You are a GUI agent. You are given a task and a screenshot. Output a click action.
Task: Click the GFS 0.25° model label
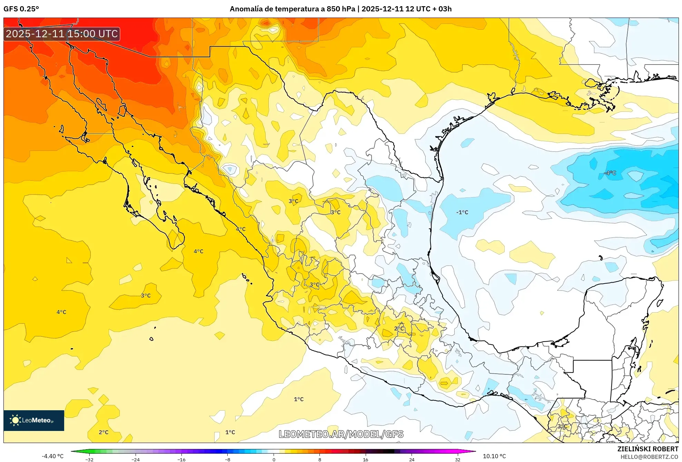pyautogui.click(x=21, y=9)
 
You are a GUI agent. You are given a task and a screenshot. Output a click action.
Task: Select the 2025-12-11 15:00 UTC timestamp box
pyautogui.click(x=62, y=34)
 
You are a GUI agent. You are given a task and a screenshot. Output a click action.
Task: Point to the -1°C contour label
pyautogui.click(x=462, y=212)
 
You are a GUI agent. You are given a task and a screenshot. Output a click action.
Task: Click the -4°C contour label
pyautogui.click(x=610, y=173)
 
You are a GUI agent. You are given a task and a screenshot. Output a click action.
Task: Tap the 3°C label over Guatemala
pyautogui.click(x=562, y=426)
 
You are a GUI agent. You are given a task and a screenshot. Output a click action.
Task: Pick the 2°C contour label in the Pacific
pyautogui.click(x=103, y=432)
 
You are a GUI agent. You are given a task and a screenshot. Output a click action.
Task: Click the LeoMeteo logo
pyautogui.click(x=34, y=420)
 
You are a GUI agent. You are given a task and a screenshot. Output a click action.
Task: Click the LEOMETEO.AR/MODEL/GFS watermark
pyautogui.click(x=341, y=434)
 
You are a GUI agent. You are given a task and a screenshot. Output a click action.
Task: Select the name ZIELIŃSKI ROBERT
pyautogui.click(x=648, y=449)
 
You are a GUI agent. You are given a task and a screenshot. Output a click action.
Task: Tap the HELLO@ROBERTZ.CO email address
pyautogui.click(x=649, y=457)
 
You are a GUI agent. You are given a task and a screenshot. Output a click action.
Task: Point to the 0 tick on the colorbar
pyautogui.click(x=274, y=459)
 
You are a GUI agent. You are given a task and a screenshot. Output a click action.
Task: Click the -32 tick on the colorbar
pyautogui.click(x=89, y=459)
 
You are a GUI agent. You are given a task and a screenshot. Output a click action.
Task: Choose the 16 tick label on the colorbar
pyautogui.click(x=365, y=459)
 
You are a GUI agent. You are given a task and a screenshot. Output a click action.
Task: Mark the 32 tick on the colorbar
pyautogui.click(x=457, y=459)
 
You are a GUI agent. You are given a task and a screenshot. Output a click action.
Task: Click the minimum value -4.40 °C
pyautogui.click(x=53, y=456)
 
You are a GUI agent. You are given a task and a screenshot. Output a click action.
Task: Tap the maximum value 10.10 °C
pyautogui.click(x=494, y=456)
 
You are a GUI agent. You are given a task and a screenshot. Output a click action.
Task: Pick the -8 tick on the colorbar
pyautogui.click(x=228, y=459)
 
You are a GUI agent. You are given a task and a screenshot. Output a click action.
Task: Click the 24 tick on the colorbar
pyautogui.click(x=412, y=459)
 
